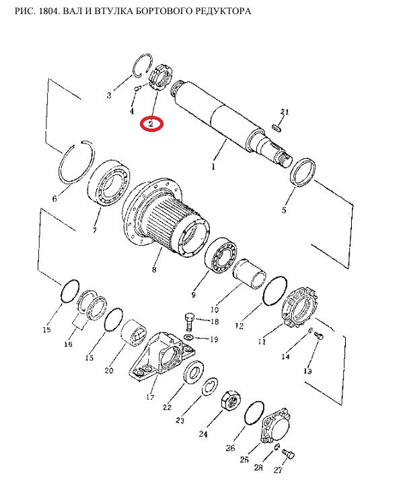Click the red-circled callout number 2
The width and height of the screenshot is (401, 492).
[151, 124]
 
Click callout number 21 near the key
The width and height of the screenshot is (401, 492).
[285, 112]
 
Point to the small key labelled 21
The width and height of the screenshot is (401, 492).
[276, 128]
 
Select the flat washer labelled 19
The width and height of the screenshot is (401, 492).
[188, 337]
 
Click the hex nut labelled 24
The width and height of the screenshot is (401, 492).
[231, 400]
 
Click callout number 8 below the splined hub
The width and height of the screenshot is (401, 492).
[154, 269]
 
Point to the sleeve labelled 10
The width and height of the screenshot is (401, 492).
[250, 274]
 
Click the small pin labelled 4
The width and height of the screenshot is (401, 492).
[137, 89]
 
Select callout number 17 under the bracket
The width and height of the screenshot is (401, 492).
[150, 396]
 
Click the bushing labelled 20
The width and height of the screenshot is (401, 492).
[134, 335]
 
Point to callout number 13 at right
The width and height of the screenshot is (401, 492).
[307, 372]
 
